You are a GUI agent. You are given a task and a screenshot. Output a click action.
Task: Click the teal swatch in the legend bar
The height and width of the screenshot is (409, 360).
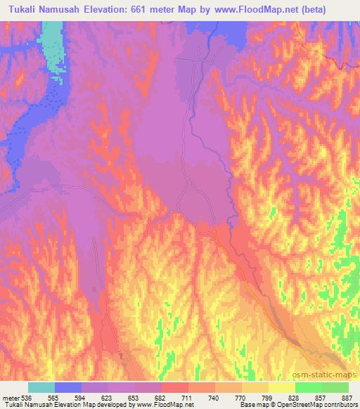click(x=41, y=387)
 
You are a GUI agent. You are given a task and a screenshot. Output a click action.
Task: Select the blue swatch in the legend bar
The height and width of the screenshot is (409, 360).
click(x=68, y=387)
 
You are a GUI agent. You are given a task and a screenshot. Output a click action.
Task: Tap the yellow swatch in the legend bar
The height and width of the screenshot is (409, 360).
click(x=281, y=387)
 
